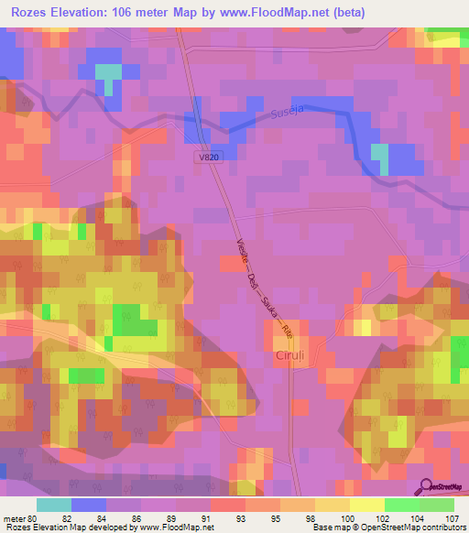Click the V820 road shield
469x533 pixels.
(209, 158)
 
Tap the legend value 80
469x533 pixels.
(36, 518)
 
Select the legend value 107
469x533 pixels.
(453, 518)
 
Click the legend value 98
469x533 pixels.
(314, 518)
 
